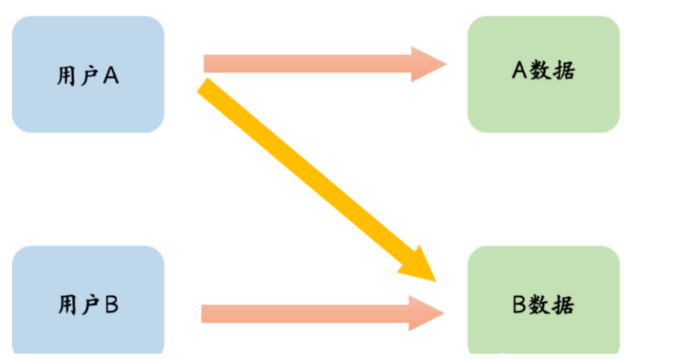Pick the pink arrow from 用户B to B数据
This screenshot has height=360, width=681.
pos(305,313)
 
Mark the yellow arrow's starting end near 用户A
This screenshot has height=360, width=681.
pos(208,88)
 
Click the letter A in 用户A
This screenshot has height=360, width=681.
pos(111,76)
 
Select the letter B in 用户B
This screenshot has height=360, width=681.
pos(112,305)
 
